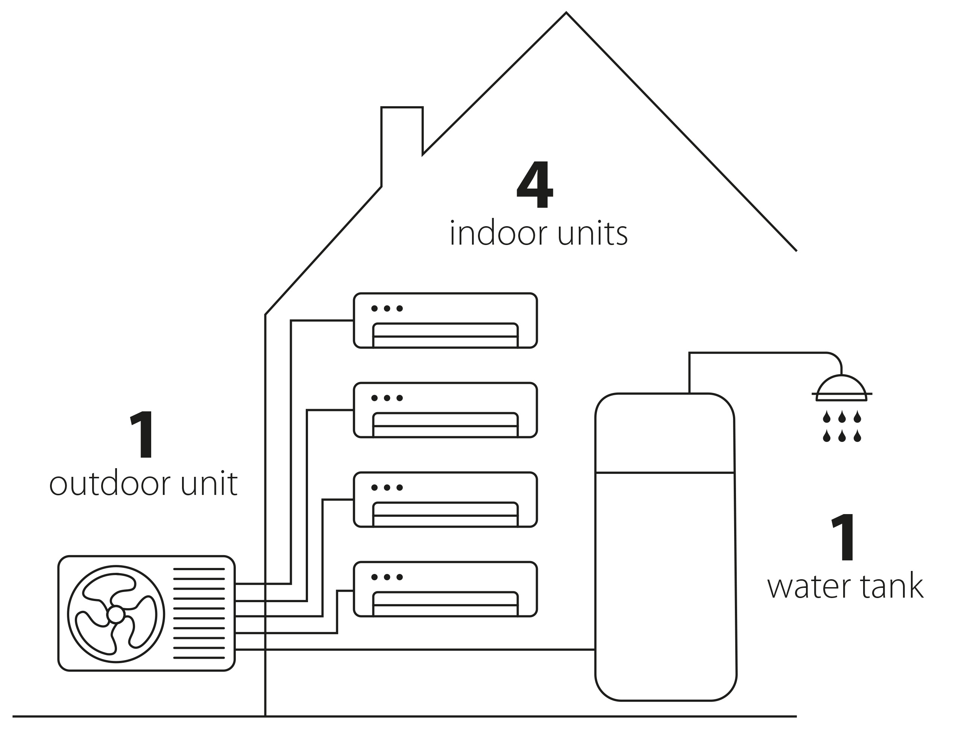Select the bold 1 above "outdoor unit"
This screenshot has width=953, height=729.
pyautogui.click(x=142, y=434)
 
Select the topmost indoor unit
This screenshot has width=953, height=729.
pyautogui.click(x=445, y=321)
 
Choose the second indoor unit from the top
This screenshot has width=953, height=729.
pyautogui.click(x=445, y=410)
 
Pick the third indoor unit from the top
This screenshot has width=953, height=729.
pyautogui.click(x=445, y=500)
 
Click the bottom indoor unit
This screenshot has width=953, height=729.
pyautogui.click(x=445, y=589)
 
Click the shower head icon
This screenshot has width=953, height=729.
pyautogui.click(x=842, y=388)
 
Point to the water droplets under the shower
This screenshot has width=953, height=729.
pyautogui.click(x=842, y=427)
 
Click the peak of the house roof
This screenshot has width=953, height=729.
pyautogui.click(x=566, y=12)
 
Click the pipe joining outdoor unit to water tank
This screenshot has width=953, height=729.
pyautogui.click(x=415, y=650)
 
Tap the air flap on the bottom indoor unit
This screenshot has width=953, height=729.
pyautogui.click(x=445, y=604)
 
